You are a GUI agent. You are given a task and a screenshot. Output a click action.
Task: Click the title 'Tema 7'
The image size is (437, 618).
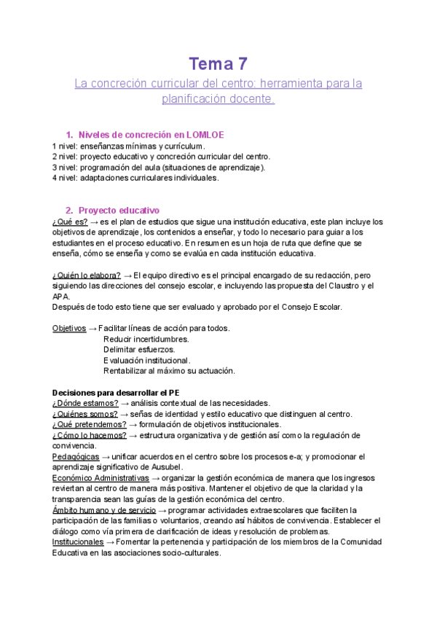click(219, 64)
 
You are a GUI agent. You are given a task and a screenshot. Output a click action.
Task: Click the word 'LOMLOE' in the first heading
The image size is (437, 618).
click(205, 135)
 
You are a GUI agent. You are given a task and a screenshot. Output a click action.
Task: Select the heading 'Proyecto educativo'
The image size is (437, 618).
click(119, 211)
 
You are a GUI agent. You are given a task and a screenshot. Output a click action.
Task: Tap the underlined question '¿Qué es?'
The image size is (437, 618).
click(70, 222)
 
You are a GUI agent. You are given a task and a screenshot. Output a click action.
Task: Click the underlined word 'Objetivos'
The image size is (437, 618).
click(69, 329)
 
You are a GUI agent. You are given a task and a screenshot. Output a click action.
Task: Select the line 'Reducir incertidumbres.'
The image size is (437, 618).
click(146, 339)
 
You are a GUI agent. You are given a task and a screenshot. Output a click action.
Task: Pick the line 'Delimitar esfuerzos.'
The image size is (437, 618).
click(139, 350)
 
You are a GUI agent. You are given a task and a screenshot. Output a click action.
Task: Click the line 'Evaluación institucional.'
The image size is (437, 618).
click(147, 360)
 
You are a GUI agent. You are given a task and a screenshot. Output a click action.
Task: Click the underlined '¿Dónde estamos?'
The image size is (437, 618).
click(85, 403)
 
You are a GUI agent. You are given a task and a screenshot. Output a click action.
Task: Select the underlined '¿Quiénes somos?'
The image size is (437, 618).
click(85, 414)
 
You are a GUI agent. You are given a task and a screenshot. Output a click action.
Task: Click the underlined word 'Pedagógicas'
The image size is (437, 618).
click(76, 456)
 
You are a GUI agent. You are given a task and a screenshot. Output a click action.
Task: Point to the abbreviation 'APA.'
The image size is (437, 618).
click(62, 297)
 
